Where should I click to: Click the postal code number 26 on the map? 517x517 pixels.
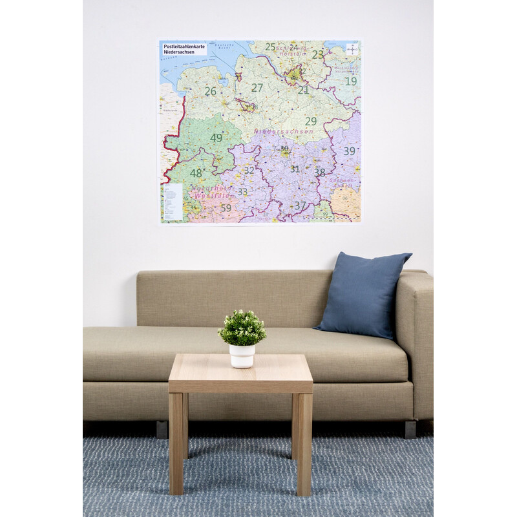click(x=211, y=92)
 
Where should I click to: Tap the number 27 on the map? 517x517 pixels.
click(x=257, y=88)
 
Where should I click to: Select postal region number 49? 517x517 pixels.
click(x=216, y=138)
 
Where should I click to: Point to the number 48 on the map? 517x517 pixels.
click(x=196, y=173)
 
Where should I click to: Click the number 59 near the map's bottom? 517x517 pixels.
click(x=226, y=208)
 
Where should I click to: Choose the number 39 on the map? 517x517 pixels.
click(x=349, y=151)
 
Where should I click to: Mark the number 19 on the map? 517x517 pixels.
click(x=350, y=81)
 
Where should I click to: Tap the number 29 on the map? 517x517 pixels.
click(x=311, y=121)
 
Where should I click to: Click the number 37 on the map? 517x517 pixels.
click(x=300, y=206)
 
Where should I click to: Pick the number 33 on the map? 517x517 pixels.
click(x=242, y=192)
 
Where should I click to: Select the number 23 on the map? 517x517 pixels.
click(x=317, y=55)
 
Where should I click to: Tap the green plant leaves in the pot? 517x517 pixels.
click(x=242, y=327)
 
